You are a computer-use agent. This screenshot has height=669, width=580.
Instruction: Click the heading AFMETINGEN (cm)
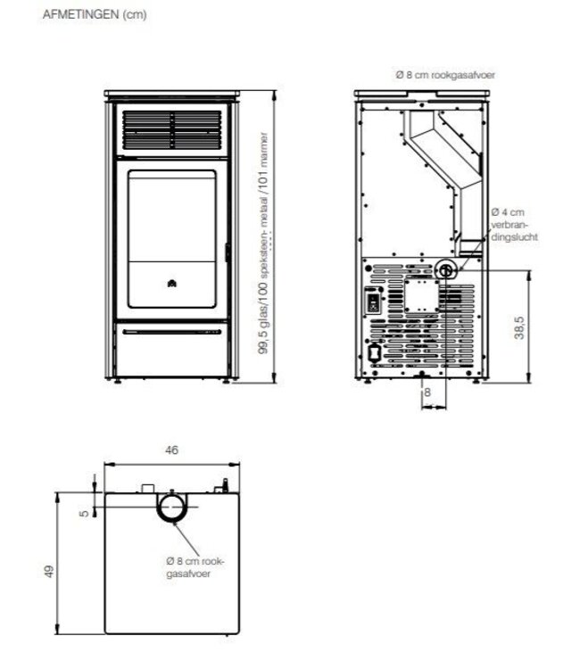[x=82, y=15]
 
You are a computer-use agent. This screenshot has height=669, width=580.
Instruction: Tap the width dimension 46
[x=172, y=450]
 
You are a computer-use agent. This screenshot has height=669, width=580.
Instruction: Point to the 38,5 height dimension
[x=518, y=326]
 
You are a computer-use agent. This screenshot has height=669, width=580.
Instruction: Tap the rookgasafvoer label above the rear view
[x=444, y=76]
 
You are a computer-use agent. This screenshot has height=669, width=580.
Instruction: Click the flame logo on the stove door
[x=171, y=284]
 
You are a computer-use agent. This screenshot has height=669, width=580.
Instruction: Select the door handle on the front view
[x=228, y=254]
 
